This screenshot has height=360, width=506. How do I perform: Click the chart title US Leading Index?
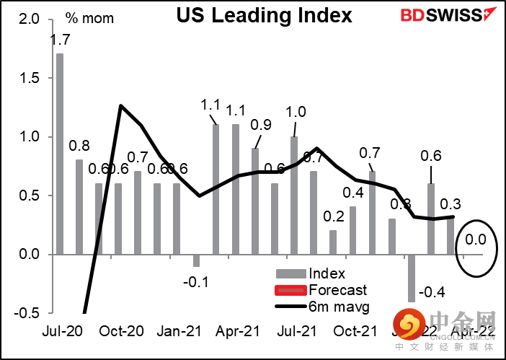[265, 16]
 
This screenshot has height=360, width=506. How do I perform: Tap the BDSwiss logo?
[440, 15]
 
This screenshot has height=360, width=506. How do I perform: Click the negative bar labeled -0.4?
[412, 278]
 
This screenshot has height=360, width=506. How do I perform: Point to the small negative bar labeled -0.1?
[196, 260]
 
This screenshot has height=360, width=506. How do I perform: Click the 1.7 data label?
[59, 43]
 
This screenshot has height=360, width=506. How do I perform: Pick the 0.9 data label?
[262, 124]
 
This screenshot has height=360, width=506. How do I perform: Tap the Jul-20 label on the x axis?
[59, 332]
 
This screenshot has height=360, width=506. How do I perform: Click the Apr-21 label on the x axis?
[236, 332]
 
